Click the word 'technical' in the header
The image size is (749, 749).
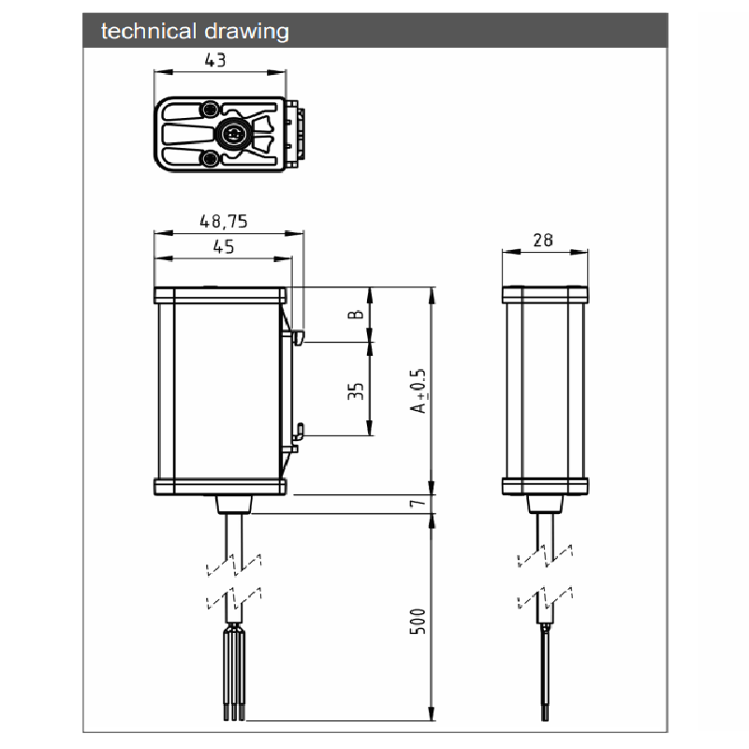(x=149, y=32)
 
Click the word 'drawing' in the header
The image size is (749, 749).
(x=246, y=33)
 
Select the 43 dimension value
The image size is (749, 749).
(x=215, y=60)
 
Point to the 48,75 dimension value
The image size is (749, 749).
(x=224, y=221)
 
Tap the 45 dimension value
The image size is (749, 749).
(x=224, y=246)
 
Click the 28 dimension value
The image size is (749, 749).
(x=543, y=240)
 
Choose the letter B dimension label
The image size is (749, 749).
(x=356, y=315)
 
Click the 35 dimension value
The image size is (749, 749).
(x=356, y=390)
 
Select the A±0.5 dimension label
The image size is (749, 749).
(x=418, y=390)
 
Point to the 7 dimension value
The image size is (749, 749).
(x=417, y=503)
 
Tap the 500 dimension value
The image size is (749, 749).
(x=418, y=621)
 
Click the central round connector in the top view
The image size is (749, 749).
(x=233, y=134)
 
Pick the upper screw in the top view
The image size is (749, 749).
(x=209, y=110)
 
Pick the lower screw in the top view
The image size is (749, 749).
(x=209, y=158)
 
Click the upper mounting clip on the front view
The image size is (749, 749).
(x=298, y=337)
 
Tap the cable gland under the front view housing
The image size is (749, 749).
(x=234, y=504)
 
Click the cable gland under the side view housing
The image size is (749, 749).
(x=545, y=504)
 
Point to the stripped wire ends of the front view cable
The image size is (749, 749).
(x=234, y=674)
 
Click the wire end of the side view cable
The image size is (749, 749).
(x=545, y=673)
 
